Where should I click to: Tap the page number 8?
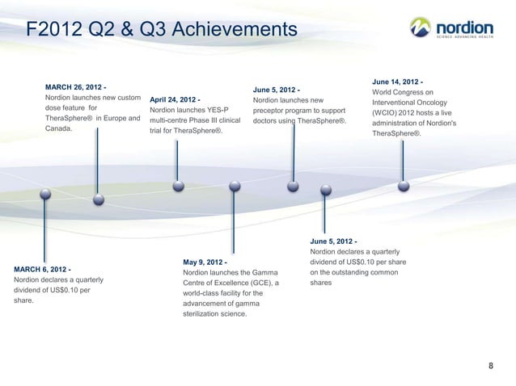coord(490,367)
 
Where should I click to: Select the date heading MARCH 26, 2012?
coord(78,86)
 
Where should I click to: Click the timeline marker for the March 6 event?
coord(46,193)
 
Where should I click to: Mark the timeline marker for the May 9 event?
coord(235,187)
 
